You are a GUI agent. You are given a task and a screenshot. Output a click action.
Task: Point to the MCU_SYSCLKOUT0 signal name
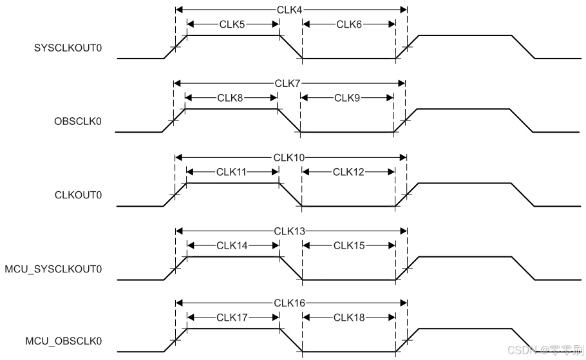pyautogui.click(x=53, y=269)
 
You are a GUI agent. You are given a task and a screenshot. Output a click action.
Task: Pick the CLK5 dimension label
pyautogui.click(x=232, y=24)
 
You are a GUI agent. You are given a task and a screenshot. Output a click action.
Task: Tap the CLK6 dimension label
pyautogui.click(x=349, y=24)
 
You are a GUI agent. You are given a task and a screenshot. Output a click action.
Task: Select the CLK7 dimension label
pyautogui.click(x=290, y=83)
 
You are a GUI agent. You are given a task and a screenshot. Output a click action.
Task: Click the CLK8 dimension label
pyautogui.click(x=230, y=98)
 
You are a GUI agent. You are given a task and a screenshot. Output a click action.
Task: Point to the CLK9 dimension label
pyautogui.click(x=347, y=98)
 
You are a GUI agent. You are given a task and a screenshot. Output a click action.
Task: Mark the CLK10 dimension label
pyautogui.click(x=290, y=157)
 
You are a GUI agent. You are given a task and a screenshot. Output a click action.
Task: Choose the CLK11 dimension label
pyautogui.click(x=232, y=172)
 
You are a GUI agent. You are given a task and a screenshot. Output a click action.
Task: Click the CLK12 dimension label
pyautogui.click(x=349, y=172)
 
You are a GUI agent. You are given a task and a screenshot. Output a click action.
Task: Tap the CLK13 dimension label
pyautogui.click(x=290, y=231)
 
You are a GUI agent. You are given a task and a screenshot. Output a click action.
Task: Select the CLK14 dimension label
pyautogui.click(x=232, y=245)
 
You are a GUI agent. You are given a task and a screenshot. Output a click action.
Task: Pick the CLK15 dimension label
pyautogui.click(x=349, y=245)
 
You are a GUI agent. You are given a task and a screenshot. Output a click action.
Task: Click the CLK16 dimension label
pyautogui.click(x=290, y=303)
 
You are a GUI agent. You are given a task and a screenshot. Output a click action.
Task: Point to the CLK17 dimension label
pyautogui.click(x=232, y=317)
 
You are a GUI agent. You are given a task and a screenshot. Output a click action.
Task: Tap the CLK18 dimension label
pyautogui.click(x=349, y=317)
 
